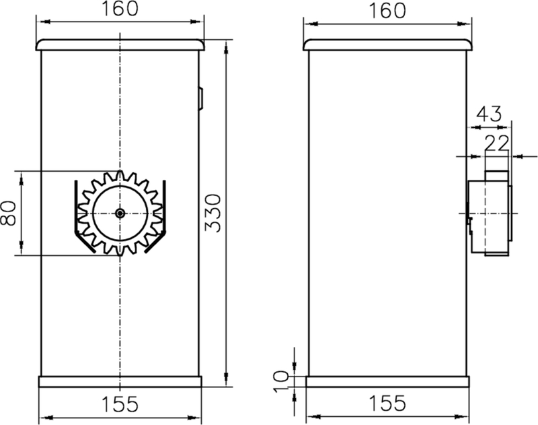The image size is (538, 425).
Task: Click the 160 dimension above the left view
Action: pyautogui.click(x=121, y=9)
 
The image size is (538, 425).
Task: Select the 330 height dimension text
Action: pyautogui.click(x=213, y=213)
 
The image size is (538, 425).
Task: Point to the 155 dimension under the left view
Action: pyautogui.click(x=120, y=404)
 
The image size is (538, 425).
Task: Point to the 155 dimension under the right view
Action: pyautogui.click(x=387, y=404)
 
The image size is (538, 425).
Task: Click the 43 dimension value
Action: pyautogui.click(x=488, y=113)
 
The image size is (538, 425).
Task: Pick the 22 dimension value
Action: pyautogui.click(x=498, y=142)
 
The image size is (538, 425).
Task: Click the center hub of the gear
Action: pyautogui.click(x=120, y=213)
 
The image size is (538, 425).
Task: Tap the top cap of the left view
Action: pyautogui.click(x=120, y=44)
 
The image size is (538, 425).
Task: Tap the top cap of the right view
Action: pyautogui.click(x=387, y=44)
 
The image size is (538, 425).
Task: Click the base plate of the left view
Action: pyautogui.click(x=120, y=382)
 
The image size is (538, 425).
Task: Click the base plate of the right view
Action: pyautogui.click(x=387, y=382)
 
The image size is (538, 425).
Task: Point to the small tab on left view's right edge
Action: pyautogui.click(x=200, y=98)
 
